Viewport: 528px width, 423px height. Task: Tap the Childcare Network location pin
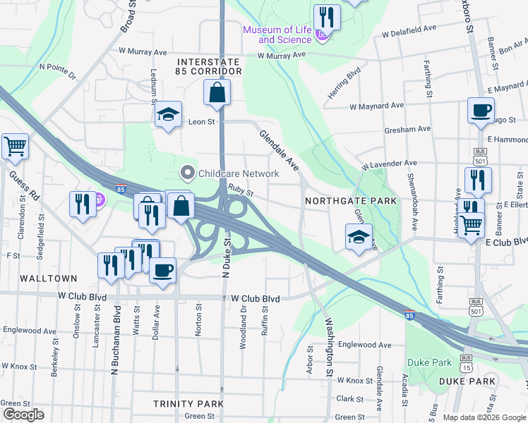point(187,172)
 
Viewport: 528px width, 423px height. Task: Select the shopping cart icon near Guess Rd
point(15,147)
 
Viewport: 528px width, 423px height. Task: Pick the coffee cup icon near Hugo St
point(481,111)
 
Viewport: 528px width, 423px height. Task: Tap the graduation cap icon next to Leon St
point(169,115)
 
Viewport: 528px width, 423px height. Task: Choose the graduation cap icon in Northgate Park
point(359,237)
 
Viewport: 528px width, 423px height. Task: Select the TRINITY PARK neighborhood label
point(188,403)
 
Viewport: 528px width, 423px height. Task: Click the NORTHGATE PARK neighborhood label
point(351,201)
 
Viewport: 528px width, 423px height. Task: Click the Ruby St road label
point(241,191)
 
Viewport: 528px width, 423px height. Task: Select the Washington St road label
point(328,346)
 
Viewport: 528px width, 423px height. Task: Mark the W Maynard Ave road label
point(377,106)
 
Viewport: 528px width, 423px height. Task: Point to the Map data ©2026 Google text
point(484,417)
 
